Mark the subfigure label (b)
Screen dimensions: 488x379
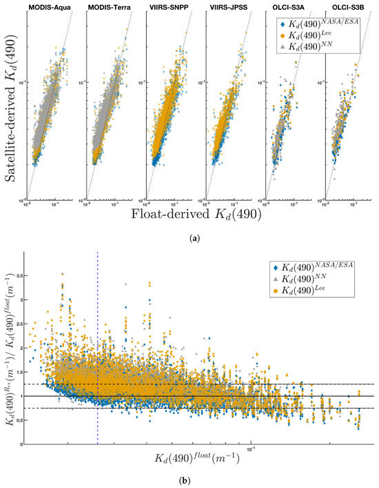[x=189, y=480]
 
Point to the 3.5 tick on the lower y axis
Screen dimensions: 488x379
[x=23, y=275]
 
